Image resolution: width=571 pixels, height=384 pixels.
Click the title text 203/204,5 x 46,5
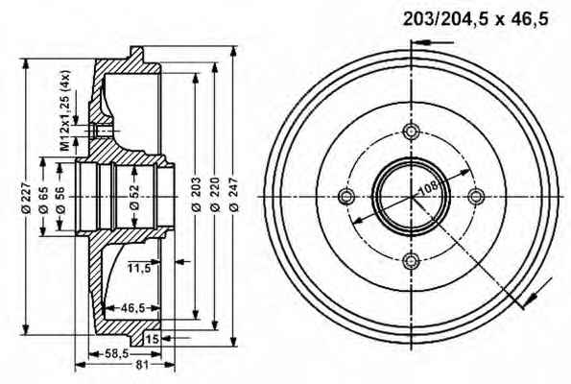475,19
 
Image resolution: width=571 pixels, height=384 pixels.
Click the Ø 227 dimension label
26,198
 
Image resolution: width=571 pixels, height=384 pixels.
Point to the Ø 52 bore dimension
134,197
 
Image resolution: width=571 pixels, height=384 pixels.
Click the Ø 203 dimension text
196,194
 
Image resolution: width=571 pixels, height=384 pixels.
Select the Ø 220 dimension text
215,194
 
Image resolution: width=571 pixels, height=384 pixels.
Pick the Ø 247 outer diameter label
234,194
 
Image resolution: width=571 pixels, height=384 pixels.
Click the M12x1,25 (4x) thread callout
65,110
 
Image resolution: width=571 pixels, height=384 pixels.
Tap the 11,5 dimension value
139,269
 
